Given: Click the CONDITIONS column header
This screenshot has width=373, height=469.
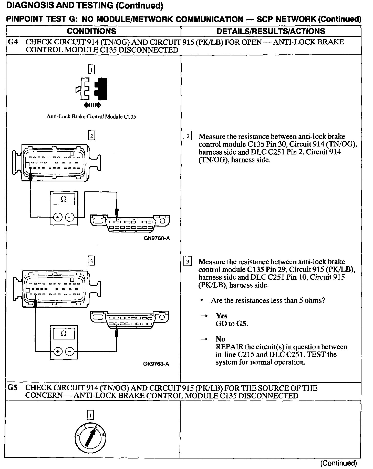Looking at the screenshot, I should pos(91,31).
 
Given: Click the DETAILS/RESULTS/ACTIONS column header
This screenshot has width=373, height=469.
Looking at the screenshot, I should pos(271,31).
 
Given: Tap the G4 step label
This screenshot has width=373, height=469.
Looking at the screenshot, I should pos(13,42).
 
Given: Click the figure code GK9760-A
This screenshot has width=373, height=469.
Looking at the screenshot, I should pos(157,238).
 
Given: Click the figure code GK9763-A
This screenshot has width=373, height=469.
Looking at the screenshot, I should pos(156,364).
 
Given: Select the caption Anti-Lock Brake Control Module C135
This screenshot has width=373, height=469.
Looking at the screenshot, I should pos(91,116).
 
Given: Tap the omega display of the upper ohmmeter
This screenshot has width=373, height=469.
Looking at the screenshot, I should pos(64,199).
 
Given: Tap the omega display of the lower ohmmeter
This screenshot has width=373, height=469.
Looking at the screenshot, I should pos(64,334).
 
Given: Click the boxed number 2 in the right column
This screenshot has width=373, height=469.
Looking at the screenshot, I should pos(188,136).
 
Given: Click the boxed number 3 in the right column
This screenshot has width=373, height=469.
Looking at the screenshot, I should pos(188,262).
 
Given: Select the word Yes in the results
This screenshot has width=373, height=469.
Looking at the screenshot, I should pos(222,316).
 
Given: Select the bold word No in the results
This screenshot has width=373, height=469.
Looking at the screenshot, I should pos(220,339).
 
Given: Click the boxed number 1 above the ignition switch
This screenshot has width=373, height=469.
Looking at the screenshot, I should pos(91,415).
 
